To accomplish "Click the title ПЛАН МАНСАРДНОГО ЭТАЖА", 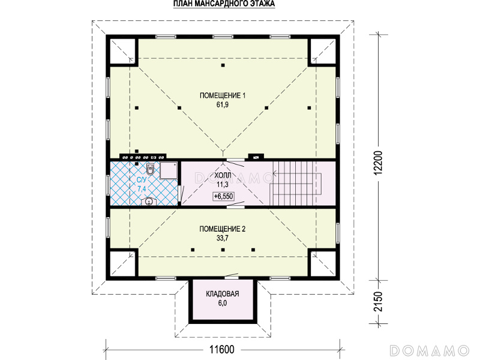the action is coord(224,4).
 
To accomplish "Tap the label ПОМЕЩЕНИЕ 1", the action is coord(223,95).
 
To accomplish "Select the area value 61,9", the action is coord(223,104).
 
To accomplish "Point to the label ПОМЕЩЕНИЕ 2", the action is coord(223,229).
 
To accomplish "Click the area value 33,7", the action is coord(223,238).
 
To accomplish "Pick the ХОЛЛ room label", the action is coord(223,175).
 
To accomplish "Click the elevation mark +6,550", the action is coord(223,196).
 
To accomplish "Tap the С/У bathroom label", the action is coord(141,179).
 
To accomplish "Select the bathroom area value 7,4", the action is coord(142,188).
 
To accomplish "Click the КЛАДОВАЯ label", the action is coord(223,294).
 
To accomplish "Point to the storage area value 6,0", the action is coord(223,303).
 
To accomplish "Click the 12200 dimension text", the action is coord(379,163).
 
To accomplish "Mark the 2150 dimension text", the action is coord(379,302).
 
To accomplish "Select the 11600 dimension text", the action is coord(222,349).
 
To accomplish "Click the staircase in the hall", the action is coord(295,183).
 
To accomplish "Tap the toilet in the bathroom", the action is coord(150,169).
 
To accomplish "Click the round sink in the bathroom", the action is coord(149,202).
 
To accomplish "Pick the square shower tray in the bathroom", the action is coord(169,170).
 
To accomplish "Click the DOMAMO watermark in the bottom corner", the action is coord(430,350).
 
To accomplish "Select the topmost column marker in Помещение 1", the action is coord(223,65).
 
